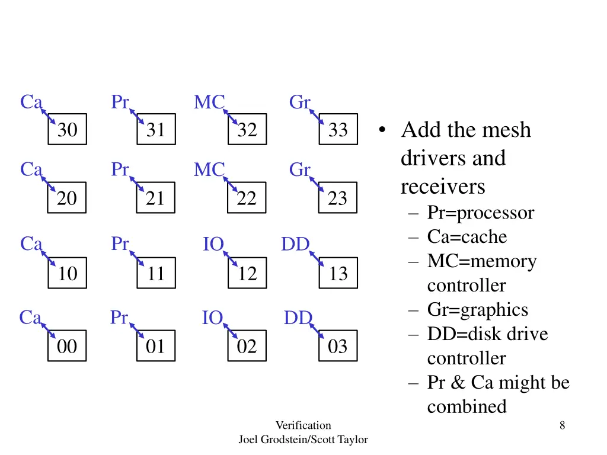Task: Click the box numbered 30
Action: pos(68,130)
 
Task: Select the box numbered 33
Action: pos(338,130)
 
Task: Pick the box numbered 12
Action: pos(247,273)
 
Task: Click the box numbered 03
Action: pos(338,346)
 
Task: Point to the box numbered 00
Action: pos(68,346)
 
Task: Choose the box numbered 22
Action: pos(247,198)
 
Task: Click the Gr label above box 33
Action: pos(299,102)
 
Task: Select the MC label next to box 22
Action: pos(209,171)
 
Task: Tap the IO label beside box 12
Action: pos(213,244)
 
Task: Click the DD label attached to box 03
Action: pos(298,318)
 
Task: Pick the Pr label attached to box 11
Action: pos(120,244)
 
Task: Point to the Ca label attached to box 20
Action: pos(31,170)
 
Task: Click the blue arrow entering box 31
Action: pos(136,117)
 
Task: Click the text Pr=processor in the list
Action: pos(480,213)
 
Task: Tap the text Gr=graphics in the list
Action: pos(477,310)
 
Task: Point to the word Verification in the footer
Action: pos(303,425)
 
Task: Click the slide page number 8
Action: pos(562,425)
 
